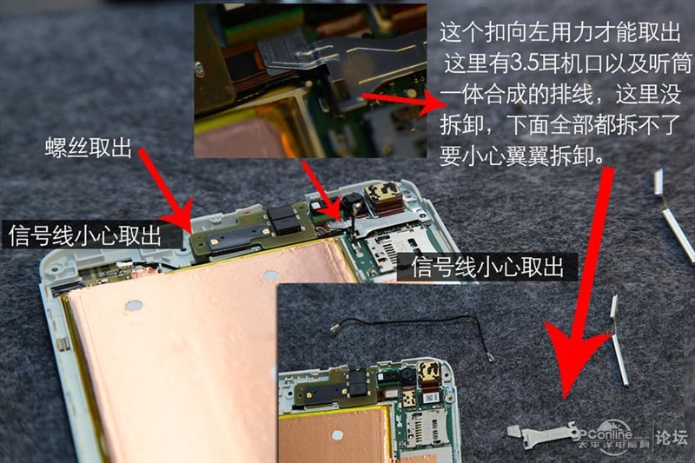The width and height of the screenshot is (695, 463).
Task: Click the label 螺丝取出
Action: pyautogui.click(x=89, y=147)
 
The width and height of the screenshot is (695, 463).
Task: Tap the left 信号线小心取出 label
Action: pyautogui.click(x=84, y=235)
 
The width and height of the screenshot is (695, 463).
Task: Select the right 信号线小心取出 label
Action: pyautogui.click(x=487, y=267)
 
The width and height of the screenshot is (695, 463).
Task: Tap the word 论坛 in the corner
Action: pyautogui.click(x=672, y=437)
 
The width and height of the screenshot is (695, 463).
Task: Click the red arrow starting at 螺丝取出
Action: pyautogui.click(x=165, y=190)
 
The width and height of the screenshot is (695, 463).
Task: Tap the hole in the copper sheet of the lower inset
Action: pyautogui.click(x=337, y=434)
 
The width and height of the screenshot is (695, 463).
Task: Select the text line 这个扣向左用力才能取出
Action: pyautogui.click(x=560, y=32)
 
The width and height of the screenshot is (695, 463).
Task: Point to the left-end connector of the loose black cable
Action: pyautogui.click(x=334, y=328)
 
